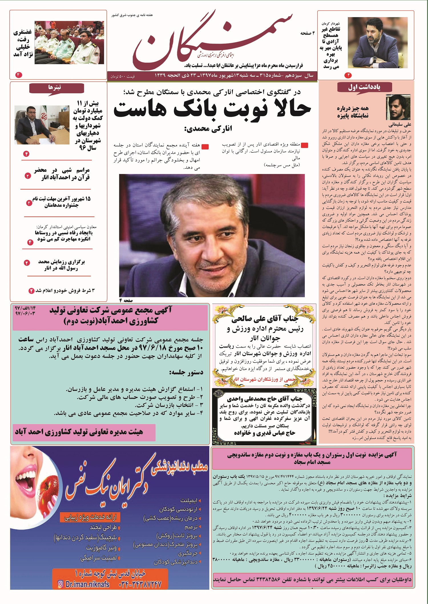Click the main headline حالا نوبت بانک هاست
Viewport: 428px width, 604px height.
point(212,109)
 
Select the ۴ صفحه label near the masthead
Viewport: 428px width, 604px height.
point(307,33)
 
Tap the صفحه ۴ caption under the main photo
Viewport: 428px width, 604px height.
point(126,300)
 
